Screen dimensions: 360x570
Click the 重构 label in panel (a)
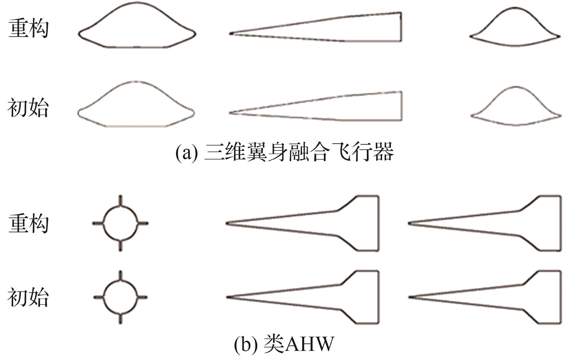pyautogui.click(x=28, y=28)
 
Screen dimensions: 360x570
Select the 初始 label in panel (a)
pyautogui.click(x=28, y=108)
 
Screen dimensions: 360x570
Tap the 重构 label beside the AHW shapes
pyautogui.click(x=28, y=223)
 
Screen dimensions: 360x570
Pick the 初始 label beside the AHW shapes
pyautogui.click(x=28, y=297)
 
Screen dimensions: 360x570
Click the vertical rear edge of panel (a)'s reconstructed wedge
pyautogui.click(x=401, y=27)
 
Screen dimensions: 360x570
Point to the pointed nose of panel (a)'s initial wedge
pyautogui.click(x=231, y=113)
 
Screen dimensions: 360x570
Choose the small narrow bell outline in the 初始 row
pyautogui.click(x=516, y=106)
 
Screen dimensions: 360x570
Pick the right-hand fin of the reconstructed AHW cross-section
pyautogui.click(x=143, y=223)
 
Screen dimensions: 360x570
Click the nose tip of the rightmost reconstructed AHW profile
pyautogui.click(x=409, y=223)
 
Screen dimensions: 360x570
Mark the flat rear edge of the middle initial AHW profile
pyautogui.click(x=378, y=297)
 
